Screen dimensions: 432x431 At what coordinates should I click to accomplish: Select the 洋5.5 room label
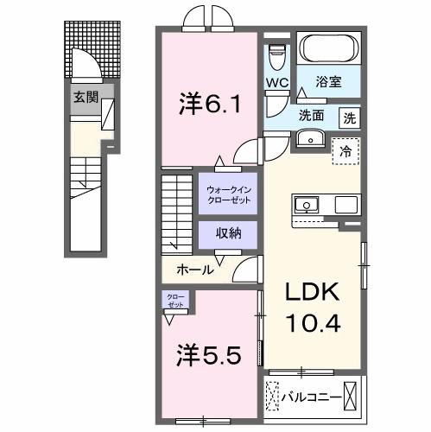(204, 355)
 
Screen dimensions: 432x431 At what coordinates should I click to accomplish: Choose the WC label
(276, 83)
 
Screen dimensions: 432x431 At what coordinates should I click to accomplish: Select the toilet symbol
(276, 58)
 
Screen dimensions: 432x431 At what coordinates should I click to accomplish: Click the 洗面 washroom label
(312, 115)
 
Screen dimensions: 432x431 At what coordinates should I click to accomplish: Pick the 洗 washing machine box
(349, 117)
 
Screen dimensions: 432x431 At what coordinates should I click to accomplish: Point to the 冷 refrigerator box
(345, 150)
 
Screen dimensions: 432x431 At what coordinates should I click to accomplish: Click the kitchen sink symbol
(306, 205)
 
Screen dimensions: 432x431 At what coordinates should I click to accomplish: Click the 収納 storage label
(228, 234)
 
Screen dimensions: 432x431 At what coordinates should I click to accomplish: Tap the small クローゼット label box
(175, 301)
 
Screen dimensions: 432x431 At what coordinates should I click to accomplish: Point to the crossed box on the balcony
(352, 397)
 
